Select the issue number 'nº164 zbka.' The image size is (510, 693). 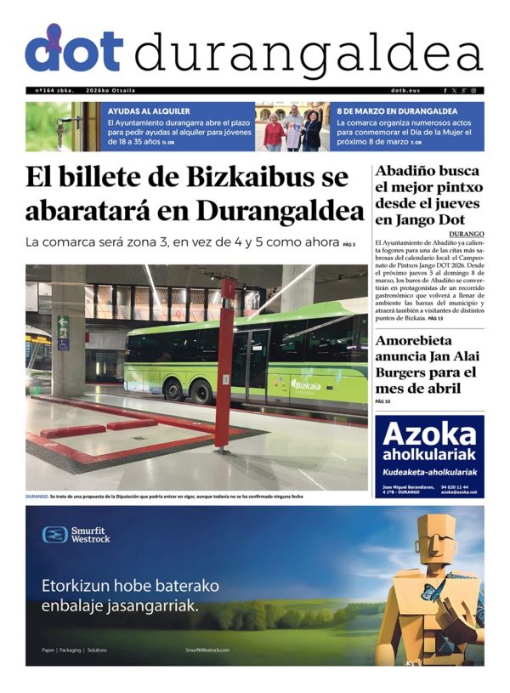click(x=54, y=90)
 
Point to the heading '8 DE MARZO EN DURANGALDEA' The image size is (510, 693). click(x=397, y=111)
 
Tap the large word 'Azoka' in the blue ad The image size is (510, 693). click(x=429, y=435)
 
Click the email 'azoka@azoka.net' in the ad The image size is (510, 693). click(x=458, y=492)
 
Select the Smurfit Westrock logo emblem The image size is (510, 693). click(x=55, y=534)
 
